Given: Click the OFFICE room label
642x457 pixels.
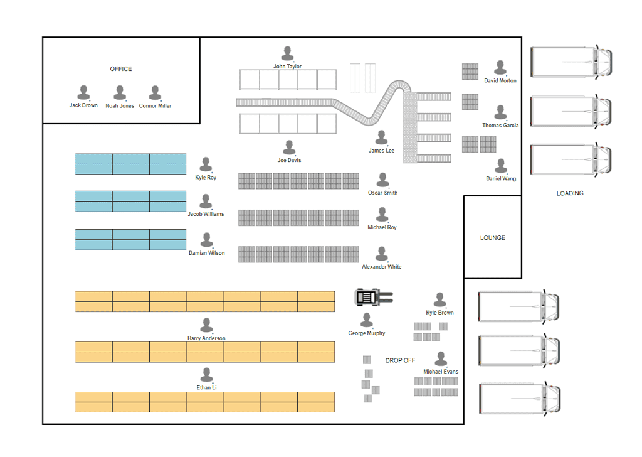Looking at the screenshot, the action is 121,69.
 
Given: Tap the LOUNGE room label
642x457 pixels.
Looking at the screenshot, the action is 493,238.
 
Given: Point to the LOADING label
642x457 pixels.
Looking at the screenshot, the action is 570,193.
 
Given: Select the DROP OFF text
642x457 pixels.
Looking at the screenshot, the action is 400,360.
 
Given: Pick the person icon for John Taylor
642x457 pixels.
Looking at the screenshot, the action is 287,54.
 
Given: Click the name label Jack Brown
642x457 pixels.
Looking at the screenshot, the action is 83,105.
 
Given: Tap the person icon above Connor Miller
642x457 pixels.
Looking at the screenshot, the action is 155,93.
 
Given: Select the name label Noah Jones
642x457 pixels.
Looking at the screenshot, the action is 120,105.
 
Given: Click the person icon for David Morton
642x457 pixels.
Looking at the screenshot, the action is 500,68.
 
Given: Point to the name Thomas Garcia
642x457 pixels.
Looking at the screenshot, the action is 500,126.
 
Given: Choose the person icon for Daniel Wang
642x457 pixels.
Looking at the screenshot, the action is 501,166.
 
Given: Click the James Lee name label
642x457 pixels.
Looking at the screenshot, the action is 381,151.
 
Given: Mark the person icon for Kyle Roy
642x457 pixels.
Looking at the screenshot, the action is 206,164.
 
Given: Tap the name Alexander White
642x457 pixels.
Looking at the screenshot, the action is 382,267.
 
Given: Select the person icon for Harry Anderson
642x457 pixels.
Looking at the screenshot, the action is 206,325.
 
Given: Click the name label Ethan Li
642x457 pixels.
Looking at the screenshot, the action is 206,387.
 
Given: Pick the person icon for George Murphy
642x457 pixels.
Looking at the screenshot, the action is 366,321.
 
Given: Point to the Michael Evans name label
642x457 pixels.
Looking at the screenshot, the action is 441,372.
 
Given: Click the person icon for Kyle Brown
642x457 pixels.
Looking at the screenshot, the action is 439,299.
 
